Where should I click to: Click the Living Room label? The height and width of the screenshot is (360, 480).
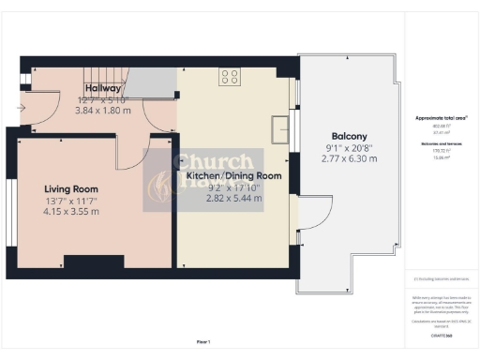point(70,187)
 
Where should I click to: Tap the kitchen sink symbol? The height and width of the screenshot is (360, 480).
point(277,127)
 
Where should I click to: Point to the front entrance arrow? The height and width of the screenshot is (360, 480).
point(22,107)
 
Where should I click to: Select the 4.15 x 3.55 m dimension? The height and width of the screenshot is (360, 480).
point(70,212)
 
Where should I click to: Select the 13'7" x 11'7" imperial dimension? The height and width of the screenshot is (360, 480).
point(70,200)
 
